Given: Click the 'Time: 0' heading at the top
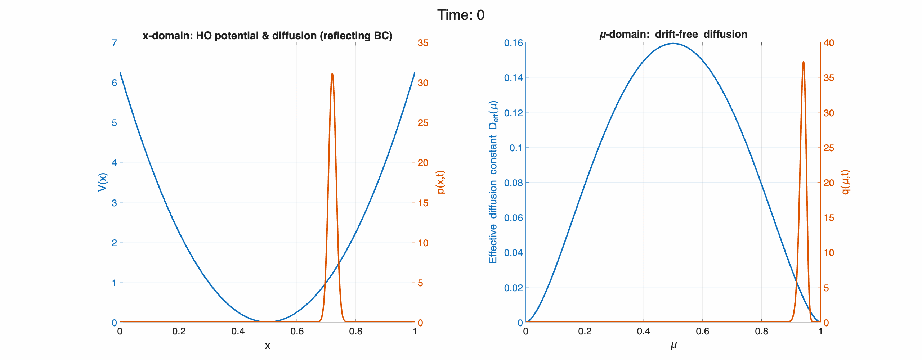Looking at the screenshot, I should click(x=461, y=15).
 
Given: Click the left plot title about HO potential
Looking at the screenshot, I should click(x=267, y=36).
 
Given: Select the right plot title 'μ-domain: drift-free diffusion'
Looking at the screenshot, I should click(x=673, y=35).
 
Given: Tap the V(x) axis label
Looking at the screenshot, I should click(x=103, y=182).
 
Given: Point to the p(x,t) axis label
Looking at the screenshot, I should click(x=440, y=182).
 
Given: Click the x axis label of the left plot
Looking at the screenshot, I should click(x=267, y=346).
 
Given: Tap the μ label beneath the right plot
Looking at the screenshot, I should click(x=673, y=346).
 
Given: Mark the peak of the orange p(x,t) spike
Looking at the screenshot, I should click(x=332, y=73).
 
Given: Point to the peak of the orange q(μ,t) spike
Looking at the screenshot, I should click(x=804, y=62).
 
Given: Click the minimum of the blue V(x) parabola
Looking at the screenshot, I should click(x=267, y=321).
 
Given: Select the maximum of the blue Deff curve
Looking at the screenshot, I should click(x=673, y=44).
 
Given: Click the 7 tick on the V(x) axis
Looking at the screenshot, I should click(x=114, y=43).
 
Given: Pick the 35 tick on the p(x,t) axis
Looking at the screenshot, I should click(x=423, y=43).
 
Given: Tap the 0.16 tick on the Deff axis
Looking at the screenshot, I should click(x=513, y=43).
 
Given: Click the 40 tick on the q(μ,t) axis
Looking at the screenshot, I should click(x=829, y=43).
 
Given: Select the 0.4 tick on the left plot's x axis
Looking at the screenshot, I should click(x=238, y=332).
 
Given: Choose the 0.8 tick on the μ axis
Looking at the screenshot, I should click(x=761, y=332).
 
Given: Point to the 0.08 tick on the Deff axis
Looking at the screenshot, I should click(x=513, y=183).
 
